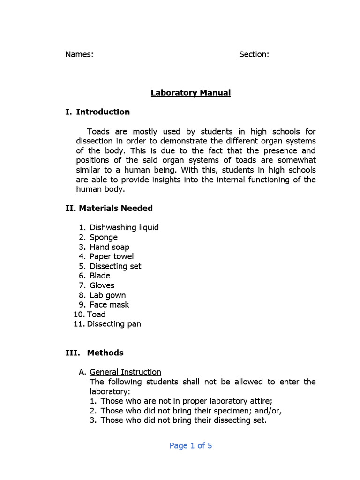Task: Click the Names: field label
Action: click(x=79, y=54)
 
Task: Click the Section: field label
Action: click(x=254, y=54)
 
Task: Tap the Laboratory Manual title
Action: click(x=190, y=93)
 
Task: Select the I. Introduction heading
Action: click(x=97, y=112)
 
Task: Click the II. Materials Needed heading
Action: click(x=109, y=208)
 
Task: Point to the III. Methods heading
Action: click(x=94, y=353)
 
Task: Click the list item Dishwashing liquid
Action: click(x=124, y=228)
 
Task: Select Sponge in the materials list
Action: click(x=104, y=237)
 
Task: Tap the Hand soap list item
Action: click(x=110, y=247)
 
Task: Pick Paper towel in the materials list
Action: click(x=112, y=256)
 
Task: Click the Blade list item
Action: click(x=100, y=276)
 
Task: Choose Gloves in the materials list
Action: click(x=102, y=285)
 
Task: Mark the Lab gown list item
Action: click(x=108, y=295)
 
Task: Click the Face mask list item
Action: click(x=109, y=305)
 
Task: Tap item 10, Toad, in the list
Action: click(x=96, y=315)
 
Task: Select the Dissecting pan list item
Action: click(x=114, y=324)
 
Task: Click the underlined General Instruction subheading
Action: click(x=125, y=372)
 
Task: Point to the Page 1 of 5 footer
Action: click(x=190, y=446)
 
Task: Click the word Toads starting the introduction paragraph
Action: click(x=99, y=132)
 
